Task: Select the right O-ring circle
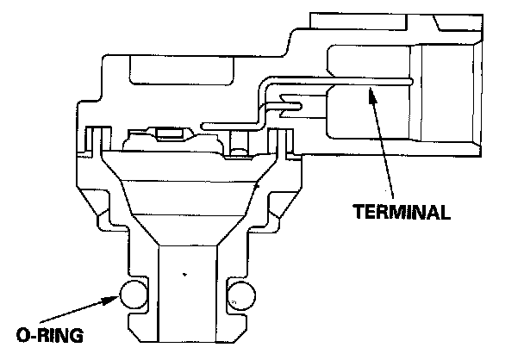point(241,295)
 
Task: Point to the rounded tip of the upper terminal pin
point(411,83)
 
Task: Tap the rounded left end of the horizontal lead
point(203,127)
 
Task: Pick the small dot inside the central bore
point(184,275)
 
